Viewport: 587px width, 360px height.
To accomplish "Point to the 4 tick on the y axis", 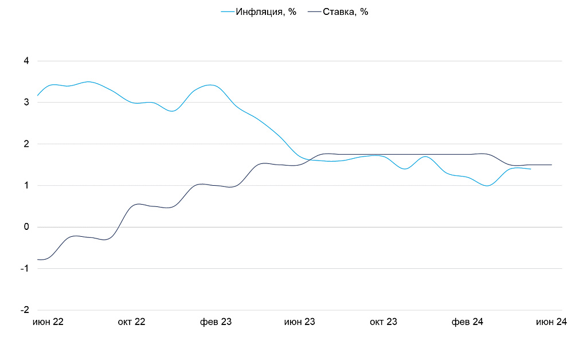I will tap(26, 61).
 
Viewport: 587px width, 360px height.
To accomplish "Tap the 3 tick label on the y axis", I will tap(26, 103).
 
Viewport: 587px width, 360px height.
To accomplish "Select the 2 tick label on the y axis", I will tap(26, 144).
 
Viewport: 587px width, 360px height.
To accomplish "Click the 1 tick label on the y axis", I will tap(26, 186).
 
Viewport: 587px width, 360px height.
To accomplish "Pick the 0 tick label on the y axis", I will tap(26, 227).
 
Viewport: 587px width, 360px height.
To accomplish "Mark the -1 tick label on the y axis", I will tap(24, 268).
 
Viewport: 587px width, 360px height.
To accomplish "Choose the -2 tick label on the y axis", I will tap(24, 310).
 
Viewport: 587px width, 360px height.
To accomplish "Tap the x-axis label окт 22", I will tap(132, 322).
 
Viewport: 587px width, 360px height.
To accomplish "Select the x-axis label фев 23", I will tap(216, 322).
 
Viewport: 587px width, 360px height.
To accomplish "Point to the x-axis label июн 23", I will tap(300, 322).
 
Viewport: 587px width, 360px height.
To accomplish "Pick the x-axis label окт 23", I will tap(383, 322).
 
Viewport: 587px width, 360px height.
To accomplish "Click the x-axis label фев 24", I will tap(467, 322).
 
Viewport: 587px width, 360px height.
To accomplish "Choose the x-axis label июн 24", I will tap(551, 322).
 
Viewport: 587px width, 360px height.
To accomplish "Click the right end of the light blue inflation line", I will tap(530, 169).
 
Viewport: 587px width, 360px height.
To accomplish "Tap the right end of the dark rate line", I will tap(551, 165).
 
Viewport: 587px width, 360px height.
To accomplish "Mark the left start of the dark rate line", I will tap(37, 260).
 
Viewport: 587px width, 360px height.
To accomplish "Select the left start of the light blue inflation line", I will tap(37, 95).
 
